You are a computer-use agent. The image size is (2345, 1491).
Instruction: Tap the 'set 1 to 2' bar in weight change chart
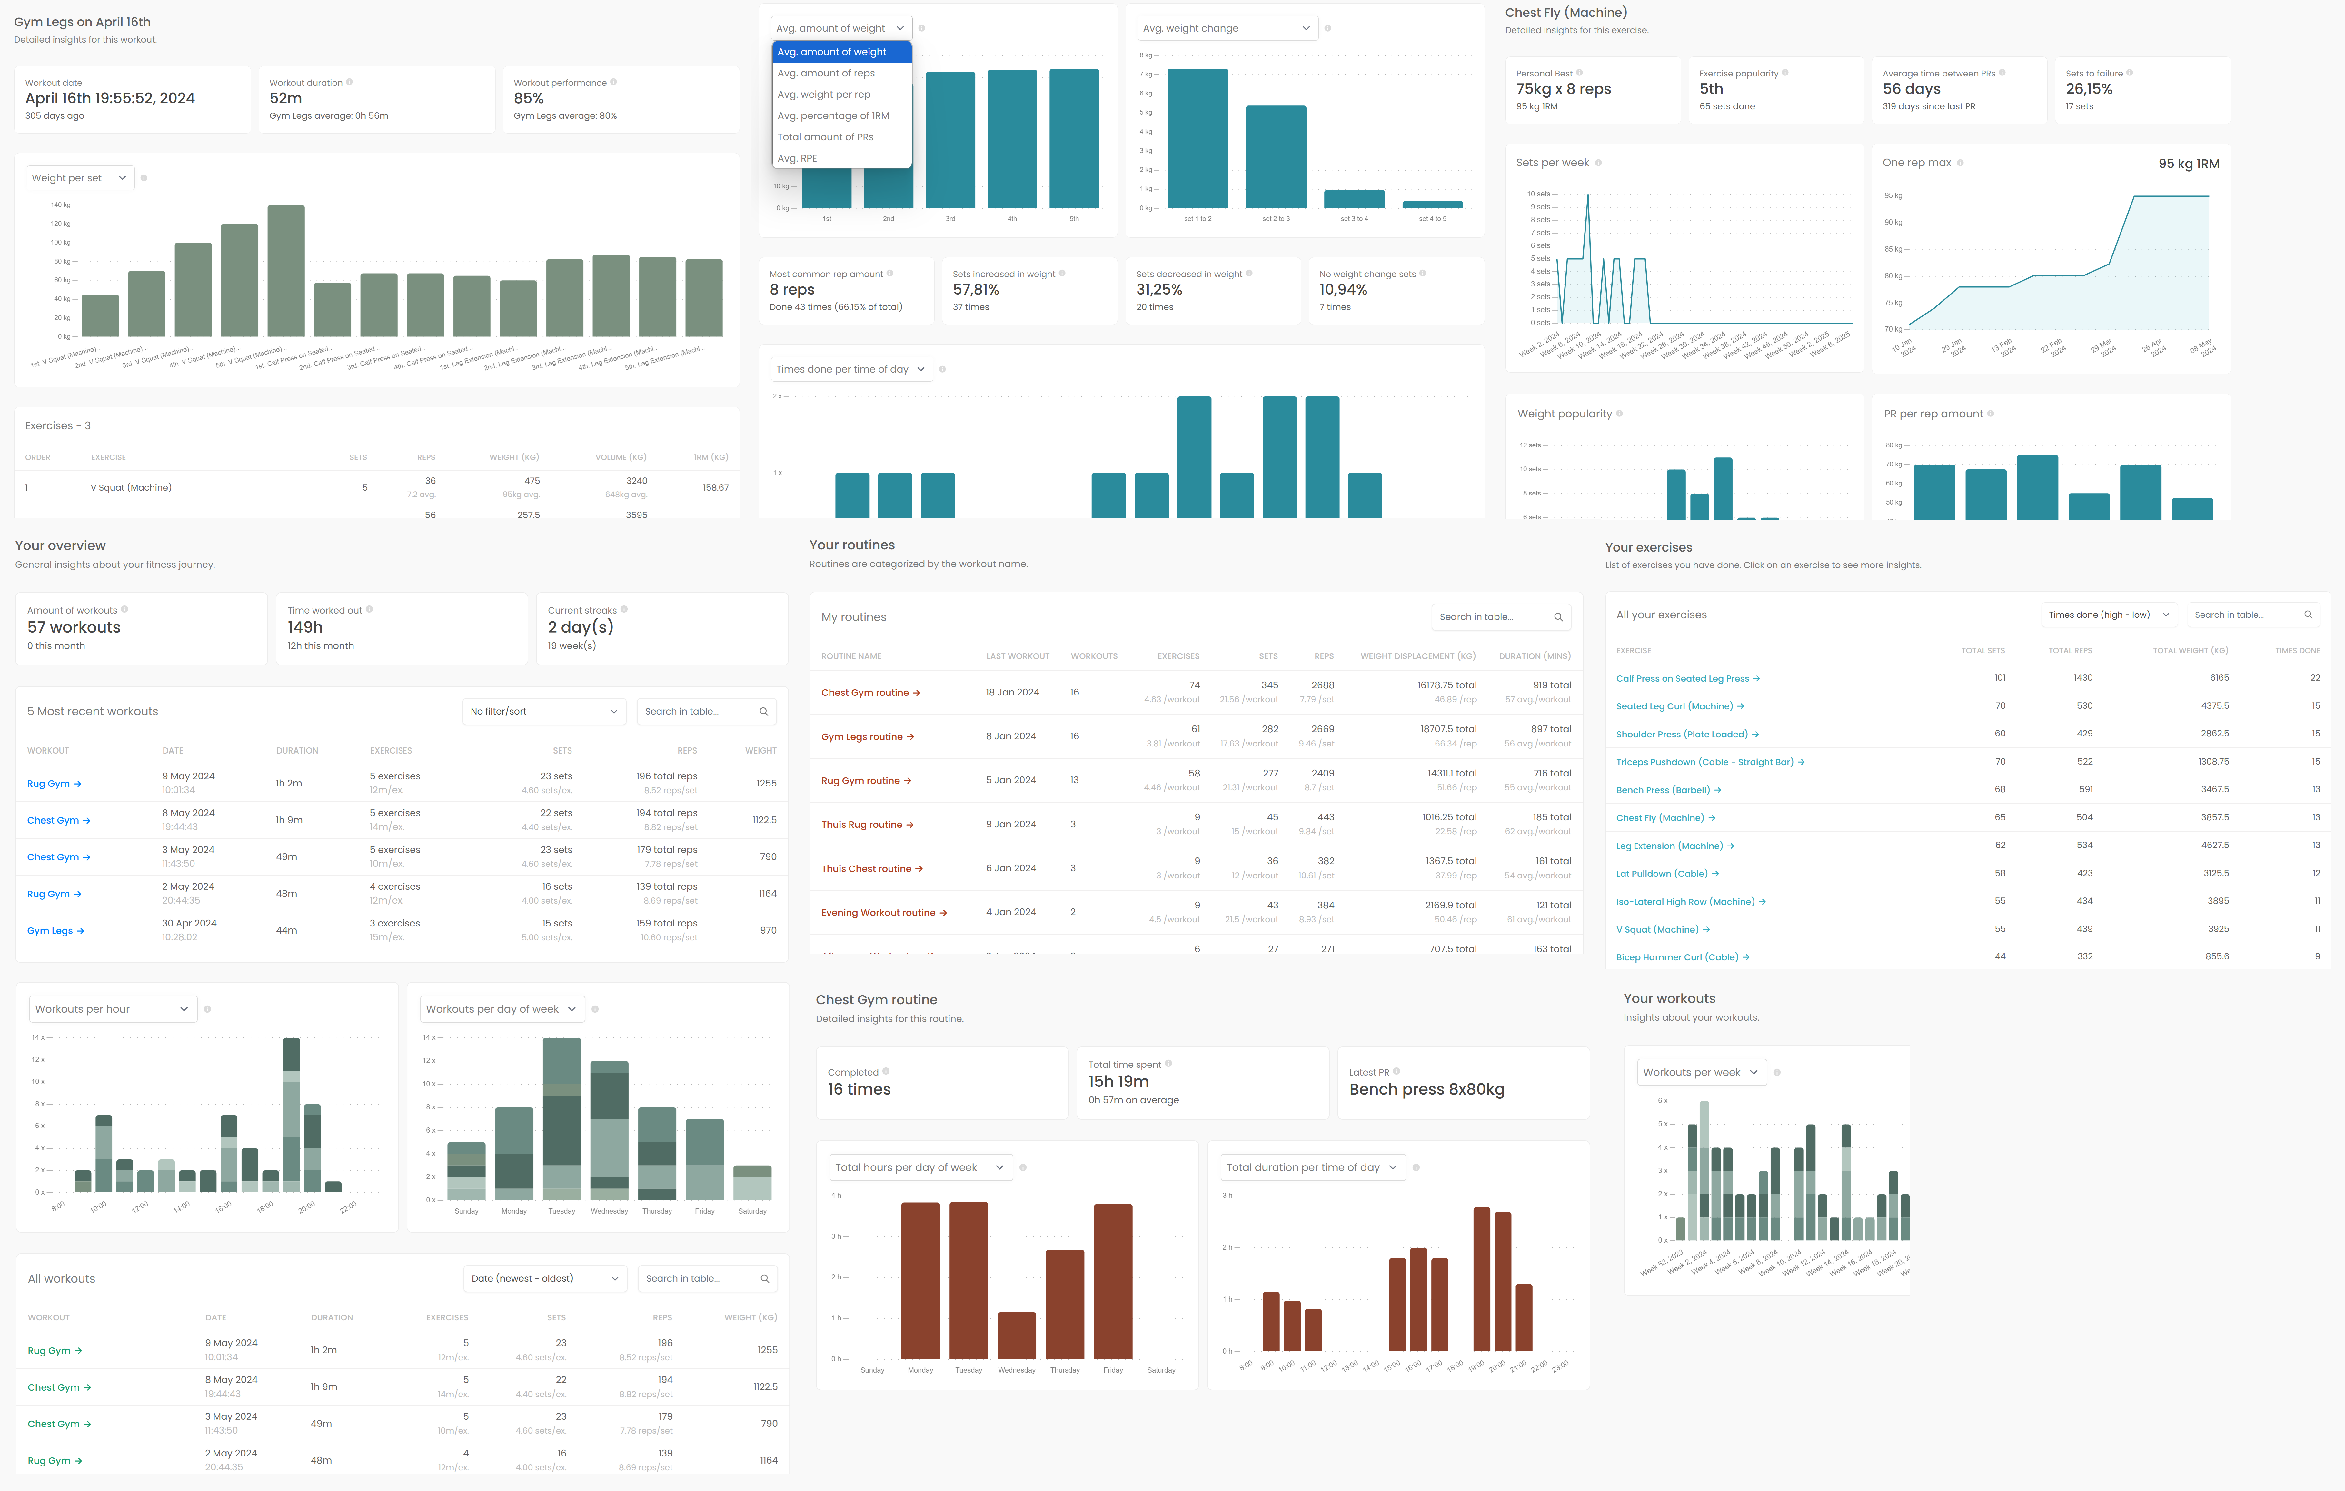coord(1197,138)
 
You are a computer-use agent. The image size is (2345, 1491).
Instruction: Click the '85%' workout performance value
coord(529,98)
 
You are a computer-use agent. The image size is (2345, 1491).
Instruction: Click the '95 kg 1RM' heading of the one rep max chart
coord(2188,164)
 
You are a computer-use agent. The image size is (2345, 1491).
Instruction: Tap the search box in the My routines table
coord(1500,616)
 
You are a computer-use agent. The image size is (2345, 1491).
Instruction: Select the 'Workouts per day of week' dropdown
coord(501,1009)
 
